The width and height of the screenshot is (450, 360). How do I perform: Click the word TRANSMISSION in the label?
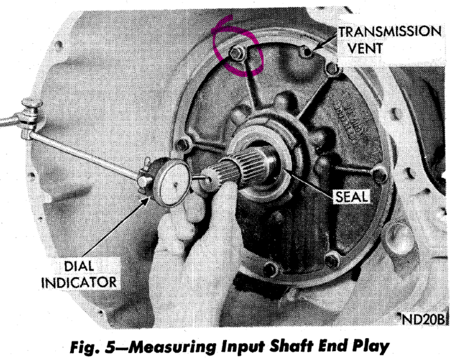pyautogui.click(x=390, y=32)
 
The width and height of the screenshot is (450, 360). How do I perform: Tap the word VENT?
pyautogui.click(x=365, y=48)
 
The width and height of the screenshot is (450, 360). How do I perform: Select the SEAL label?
pyautogui.click(x=352, y=197)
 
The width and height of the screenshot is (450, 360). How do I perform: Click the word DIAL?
pyautogui.click(x=79, y=266)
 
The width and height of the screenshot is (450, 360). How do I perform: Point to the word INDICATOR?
pyautogui.click(x=79, y=282)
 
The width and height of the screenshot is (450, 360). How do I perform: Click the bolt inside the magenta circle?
pyautogui.click(x=237, y=54)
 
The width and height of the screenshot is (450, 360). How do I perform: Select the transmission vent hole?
pyautogui.click(x=307, y=52)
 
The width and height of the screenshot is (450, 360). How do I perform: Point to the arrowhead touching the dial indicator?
pyautogui.click(x=145, y=200)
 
